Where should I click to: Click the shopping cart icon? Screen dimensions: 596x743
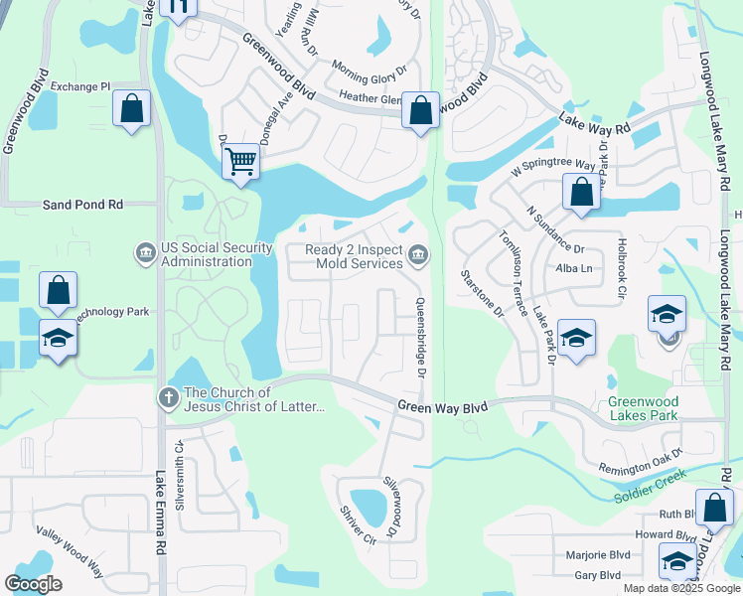[x=240, y=161]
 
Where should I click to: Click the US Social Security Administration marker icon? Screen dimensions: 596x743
[x=146, y=254]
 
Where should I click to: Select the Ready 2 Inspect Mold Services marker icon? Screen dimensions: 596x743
[x=418, y=256]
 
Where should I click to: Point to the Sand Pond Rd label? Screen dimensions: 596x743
[x=82, y=204]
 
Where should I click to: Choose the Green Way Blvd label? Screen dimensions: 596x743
[x=443, y=406]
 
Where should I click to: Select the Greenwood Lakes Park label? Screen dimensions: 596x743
[x=643, y=408]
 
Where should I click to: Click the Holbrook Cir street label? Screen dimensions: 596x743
[x=622, y=273]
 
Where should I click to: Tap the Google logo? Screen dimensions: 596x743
[x=33, y=584]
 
